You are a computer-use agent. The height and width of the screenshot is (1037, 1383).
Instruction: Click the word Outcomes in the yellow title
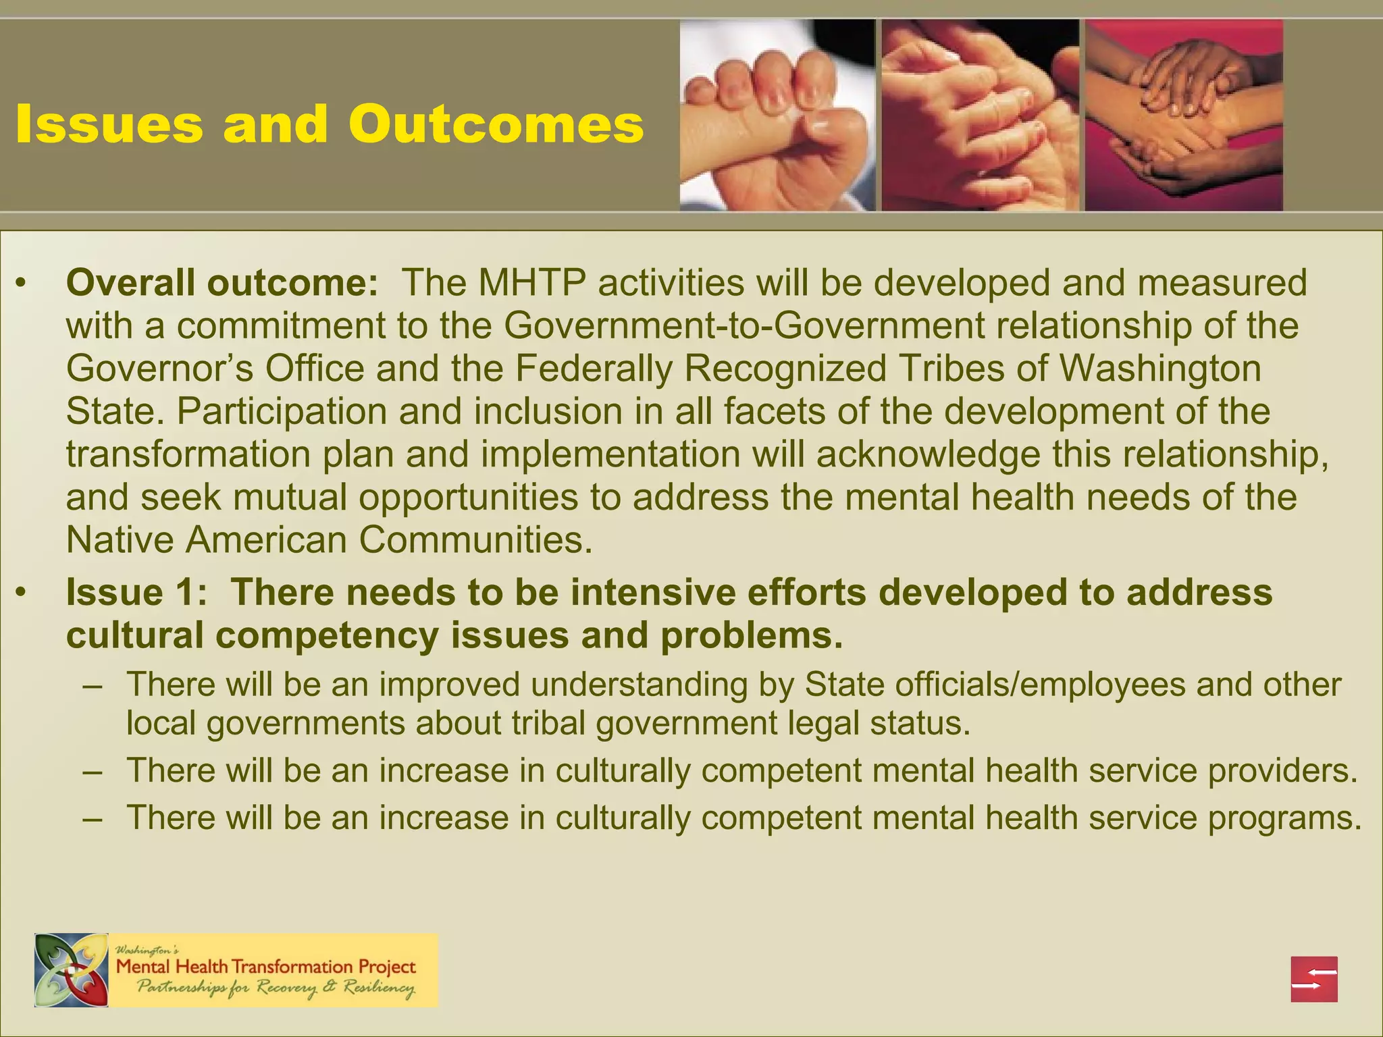point(496,125)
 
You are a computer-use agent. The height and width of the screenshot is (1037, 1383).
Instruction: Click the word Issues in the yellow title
point(109,125)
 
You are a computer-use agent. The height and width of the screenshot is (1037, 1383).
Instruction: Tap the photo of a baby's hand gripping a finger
point(777,115)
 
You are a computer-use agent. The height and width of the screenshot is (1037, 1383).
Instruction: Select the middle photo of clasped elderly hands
point(980,115)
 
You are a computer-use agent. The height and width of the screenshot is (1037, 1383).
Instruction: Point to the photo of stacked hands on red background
point(1183,115)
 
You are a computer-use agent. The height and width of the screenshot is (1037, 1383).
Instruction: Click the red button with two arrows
point(1314,979)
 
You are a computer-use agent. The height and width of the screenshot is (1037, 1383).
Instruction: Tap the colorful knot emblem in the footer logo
point(72,970)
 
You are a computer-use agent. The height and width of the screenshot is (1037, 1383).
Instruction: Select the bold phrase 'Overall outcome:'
point(222,283)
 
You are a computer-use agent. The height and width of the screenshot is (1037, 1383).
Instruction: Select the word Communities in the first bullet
point(475,540)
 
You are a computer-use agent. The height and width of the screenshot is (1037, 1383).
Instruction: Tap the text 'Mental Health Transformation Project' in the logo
point(266,967)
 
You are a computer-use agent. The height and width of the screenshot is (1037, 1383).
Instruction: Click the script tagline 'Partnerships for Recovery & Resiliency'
point(276,988)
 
